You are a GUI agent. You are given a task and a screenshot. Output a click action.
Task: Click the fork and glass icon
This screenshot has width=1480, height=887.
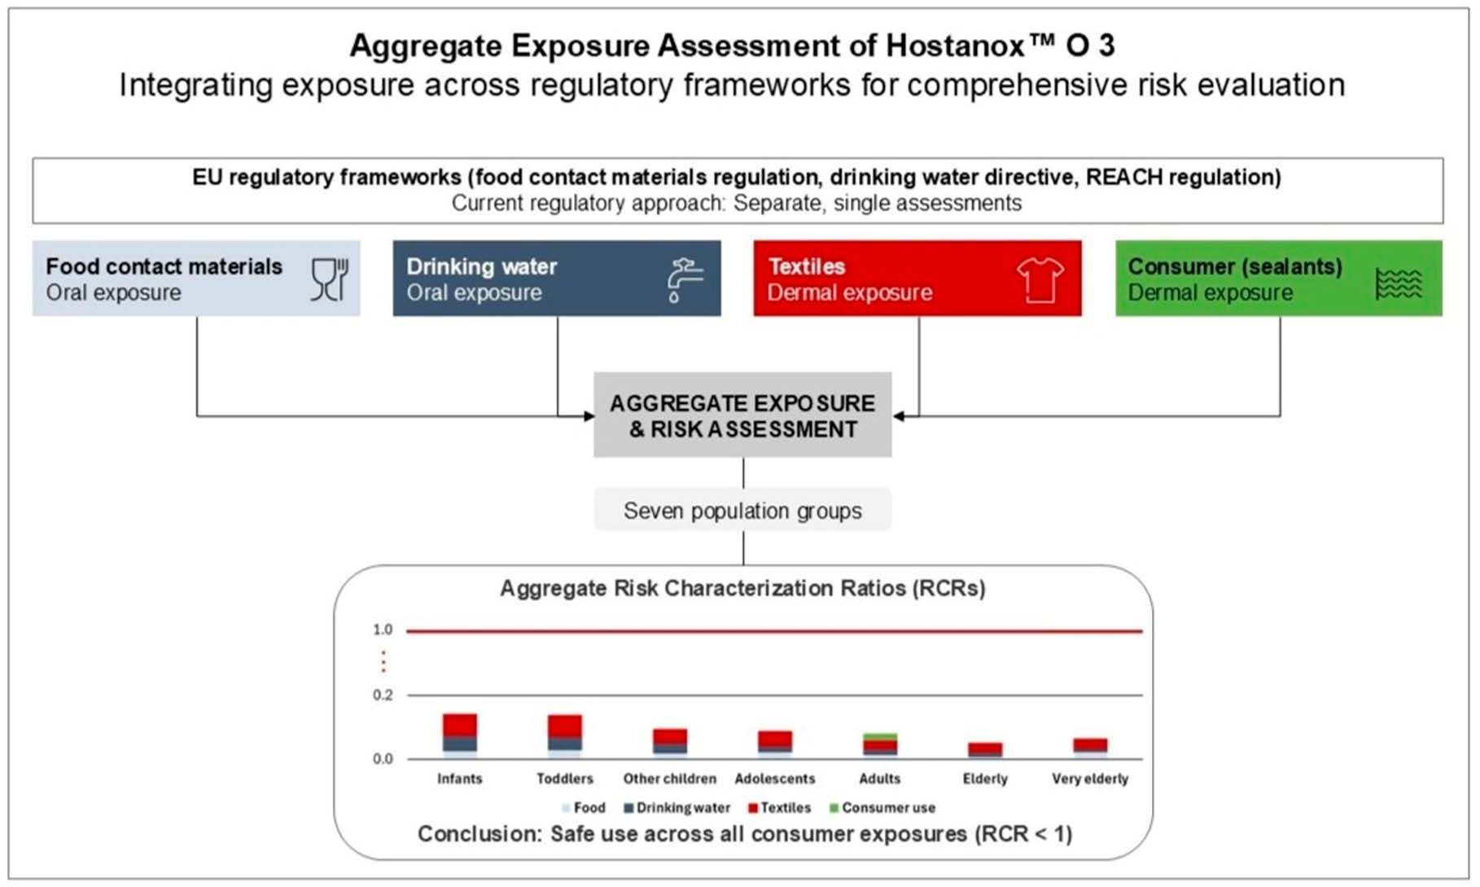click(329, 279)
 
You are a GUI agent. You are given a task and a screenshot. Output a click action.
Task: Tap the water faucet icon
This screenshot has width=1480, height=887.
click(684, 279)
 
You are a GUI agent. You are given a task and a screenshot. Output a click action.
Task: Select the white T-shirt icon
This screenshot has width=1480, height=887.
click(1040, 279)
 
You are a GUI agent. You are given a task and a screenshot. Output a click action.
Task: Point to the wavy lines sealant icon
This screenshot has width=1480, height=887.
click(1399, 283)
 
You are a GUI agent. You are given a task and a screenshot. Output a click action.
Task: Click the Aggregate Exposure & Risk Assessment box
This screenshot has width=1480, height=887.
click(742, 415)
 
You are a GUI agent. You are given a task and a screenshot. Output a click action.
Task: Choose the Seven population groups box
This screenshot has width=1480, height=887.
click(742, 511)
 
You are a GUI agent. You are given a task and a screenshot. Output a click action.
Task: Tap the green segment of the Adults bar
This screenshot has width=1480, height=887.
click(880, 737)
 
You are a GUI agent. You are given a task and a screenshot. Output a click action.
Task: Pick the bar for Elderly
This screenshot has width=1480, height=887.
click(985, 750)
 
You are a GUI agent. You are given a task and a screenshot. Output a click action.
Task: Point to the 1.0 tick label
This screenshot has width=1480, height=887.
click(383, 630)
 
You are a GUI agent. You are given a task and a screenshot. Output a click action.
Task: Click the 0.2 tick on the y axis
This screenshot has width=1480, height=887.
click(383, 695)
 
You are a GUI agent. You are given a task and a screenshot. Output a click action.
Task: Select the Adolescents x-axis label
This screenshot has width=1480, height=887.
click(774, 779)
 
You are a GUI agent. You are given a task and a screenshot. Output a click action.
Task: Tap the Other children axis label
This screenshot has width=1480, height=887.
click(669, 779)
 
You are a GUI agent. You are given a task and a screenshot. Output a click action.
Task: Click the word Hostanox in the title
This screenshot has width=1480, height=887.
click(953, 46)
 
